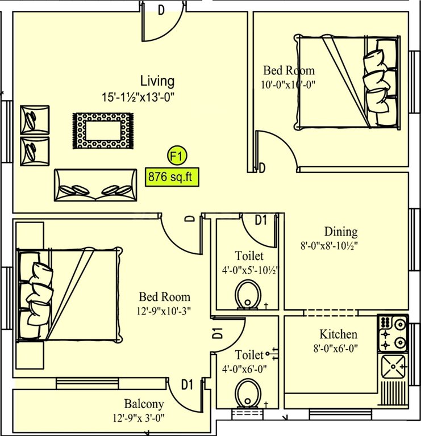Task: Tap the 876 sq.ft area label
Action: point(170,177)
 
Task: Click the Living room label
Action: point(157,81)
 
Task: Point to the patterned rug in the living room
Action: point(102,131)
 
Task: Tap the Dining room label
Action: point(341,232)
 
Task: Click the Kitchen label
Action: point(338,334)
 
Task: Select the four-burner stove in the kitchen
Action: point(393,333)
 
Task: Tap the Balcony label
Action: point(144,404)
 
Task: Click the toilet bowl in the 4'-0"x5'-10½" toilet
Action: point(248,296)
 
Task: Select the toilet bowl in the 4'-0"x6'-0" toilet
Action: point(247,392)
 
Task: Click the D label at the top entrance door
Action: point(161,10)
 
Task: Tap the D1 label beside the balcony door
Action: point(187,384)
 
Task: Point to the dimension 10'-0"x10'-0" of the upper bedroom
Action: point(288,85)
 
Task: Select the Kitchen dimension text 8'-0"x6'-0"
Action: point(338,348)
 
